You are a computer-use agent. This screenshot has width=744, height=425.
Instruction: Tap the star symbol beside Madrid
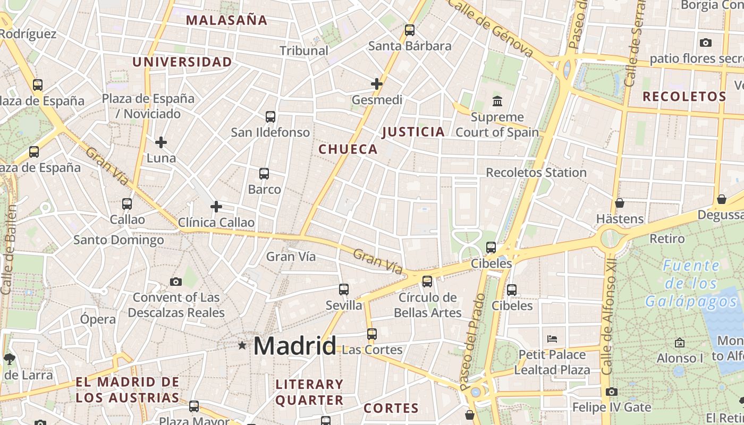242,346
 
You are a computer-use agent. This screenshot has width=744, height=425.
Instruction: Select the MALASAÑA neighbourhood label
226,21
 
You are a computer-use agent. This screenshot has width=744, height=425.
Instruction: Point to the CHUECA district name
348,150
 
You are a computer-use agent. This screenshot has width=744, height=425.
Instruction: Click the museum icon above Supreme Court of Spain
497,101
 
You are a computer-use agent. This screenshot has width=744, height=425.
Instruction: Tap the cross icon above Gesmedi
377,84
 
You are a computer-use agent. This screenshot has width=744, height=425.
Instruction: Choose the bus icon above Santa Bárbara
410,30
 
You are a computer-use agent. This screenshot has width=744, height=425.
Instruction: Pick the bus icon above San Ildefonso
270,117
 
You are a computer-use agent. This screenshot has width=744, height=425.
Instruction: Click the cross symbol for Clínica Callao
216,207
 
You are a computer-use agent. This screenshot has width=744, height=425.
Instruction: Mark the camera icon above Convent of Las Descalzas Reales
176,282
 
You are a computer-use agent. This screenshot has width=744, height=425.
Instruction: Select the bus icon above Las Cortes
372,334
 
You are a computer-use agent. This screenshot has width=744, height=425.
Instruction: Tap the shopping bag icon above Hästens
620,203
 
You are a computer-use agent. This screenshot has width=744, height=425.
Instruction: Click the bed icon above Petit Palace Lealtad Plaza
552,339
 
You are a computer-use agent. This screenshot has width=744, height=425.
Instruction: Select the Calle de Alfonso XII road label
610,319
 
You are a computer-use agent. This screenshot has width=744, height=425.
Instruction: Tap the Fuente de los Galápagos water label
691,284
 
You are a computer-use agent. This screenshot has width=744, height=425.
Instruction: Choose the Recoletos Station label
536,173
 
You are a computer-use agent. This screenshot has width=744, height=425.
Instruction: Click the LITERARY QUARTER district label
309,392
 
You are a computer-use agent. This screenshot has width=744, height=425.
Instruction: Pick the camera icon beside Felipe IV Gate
612,392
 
